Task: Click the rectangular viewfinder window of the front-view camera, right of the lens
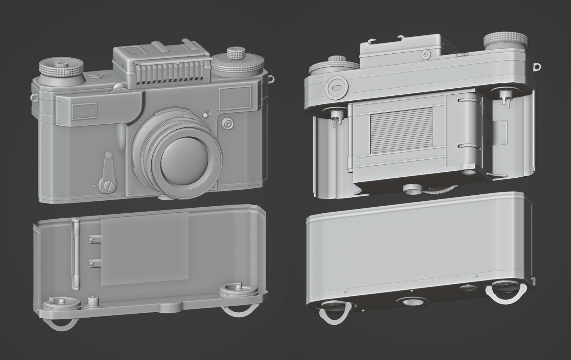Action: (x=235, y=99)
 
